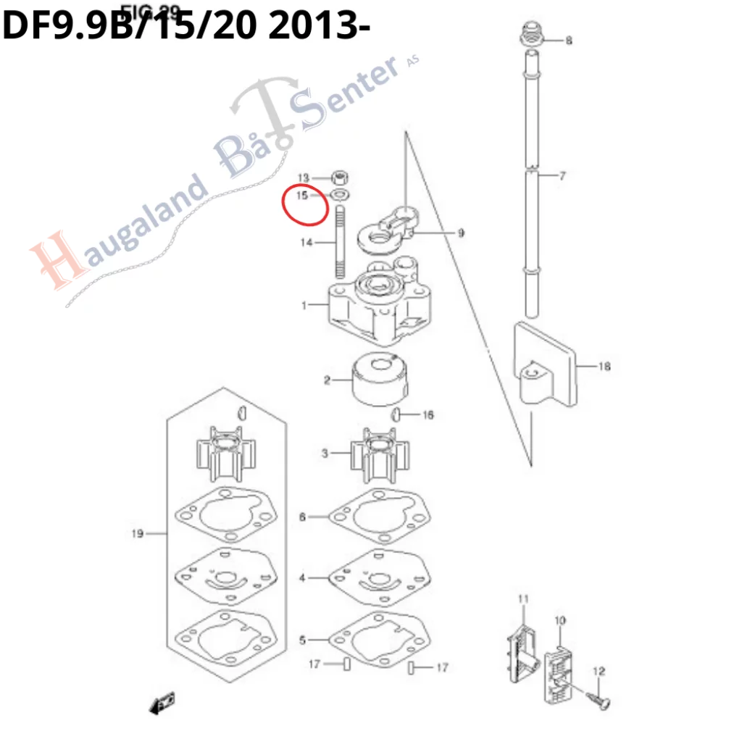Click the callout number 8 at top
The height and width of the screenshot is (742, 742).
coord(569,41)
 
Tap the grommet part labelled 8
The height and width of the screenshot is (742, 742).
coord(531,35)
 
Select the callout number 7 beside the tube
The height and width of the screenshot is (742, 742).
coord(562,176)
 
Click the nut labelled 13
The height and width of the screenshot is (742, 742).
coord(338,177)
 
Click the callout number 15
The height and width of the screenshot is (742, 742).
coord(301,195)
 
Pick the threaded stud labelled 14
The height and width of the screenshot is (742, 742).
coord(339,243)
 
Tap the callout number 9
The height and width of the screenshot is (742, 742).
coord(460,233)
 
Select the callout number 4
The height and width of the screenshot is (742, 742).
coord(303,578)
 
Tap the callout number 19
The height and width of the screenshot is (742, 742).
coord(137,534)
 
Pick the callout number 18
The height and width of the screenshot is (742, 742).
coord(604,367)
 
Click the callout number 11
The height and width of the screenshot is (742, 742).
coord(523,598)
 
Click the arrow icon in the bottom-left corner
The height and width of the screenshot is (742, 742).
coord(162,702)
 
